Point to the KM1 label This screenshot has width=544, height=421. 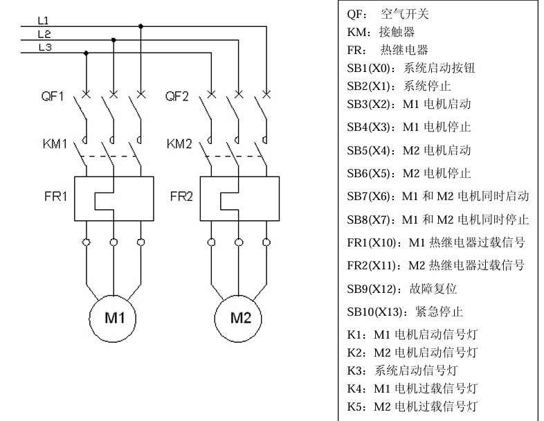tap(53, 145)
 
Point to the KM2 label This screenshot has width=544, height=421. tap(179, 145)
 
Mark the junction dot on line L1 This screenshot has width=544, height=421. tap(140, 26)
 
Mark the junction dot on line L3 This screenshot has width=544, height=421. tap(86, 53)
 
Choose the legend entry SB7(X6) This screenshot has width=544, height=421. tap(437, 197)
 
